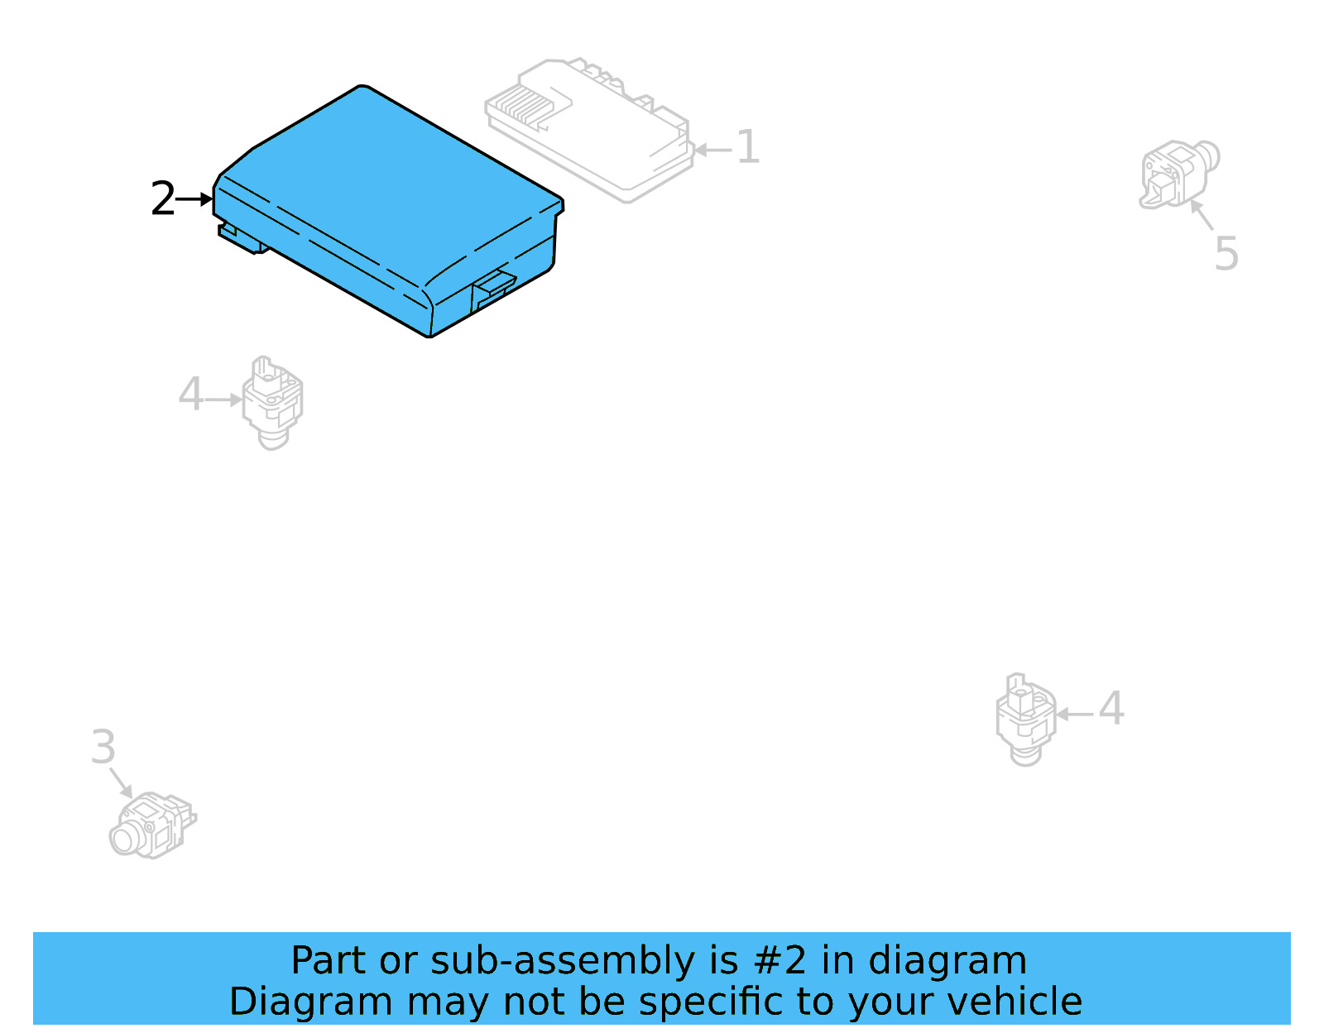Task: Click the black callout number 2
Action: pyautogui.click(x=163, y=199)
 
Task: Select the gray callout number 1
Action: pyautogui.click(x=747, y=147)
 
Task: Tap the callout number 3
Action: pyautogui.click(x=103, y=748)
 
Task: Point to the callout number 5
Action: pyautogui.click(x=1226, y=253)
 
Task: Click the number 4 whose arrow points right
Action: pyautogui.click(x=191, y=395)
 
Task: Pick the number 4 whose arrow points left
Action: pyautogui.click(x=1111, y=709)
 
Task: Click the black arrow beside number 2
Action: pyautogui.click(x=196, y=199)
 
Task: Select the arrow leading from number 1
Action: pyautogui.click(x=712, y=150)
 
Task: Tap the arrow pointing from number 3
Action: pyautogui.click(x=122, y=782)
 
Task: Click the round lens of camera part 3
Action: pyautogui.click(x=127, y=839)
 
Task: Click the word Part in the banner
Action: pyautogui.click(x=329, y=961)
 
